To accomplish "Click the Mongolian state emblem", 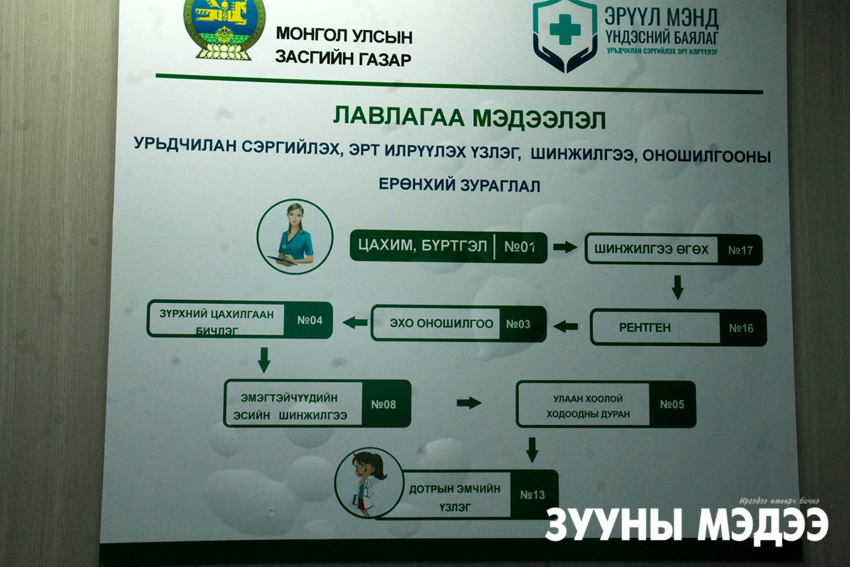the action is click(224, 29).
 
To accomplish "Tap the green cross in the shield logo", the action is click(566, 29).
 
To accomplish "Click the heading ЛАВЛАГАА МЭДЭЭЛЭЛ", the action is click(469, 118).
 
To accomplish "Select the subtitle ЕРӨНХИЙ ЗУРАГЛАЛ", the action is click(460, 185).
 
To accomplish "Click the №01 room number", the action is click(520, 247).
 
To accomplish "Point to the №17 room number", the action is click(740, 250).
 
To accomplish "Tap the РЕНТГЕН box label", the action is click(645, 327).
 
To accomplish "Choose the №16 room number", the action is click(741, 328).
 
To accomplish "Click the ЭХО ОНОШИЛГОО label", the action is click(441, 324).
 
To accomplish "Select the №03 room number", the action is click(518, 324).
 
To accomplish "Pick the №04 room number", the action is click(309, 320).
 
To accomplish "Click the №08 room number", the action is click(383, 404).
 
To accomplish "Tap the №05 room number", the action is click(672, 404).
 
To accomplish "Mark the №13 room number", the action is click(533, 495).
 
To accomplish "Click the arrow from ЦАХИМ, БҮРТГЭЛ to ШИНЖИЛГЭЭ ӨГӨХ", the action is click(564, 247).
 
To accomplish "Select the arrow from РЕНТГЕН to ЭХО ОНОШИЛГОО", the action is click(566, 326).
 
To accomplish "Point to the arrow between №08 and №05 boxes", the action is click(469, 403).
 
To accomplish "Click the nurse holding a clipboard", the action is click(295, 236).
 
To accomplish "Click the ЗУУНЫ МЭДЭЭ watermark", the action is click(686, 524).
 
